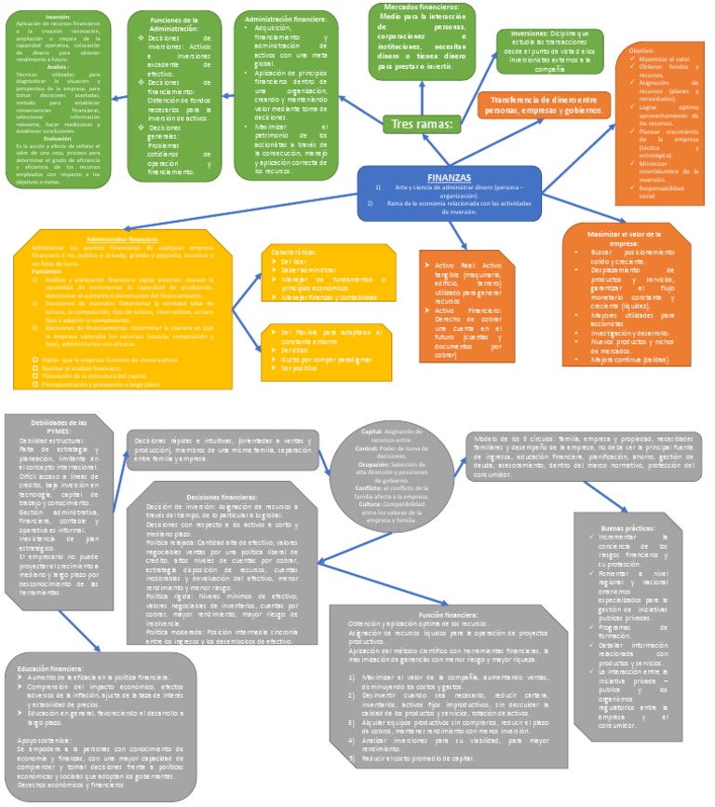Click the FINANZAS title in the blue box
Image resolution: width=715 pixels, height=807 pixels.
point(448,177)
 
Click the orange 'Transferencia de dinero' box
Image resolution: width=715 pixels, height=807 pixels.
point(542,104)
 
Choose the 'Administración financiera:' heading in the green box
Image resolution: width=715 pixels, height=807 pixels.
point(285,19)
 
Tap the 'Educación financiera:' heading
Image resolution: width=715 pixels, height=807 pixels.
point(57,668)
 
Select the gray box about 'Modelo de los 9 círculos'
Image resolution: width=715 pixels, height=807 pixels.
point(587,456)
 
